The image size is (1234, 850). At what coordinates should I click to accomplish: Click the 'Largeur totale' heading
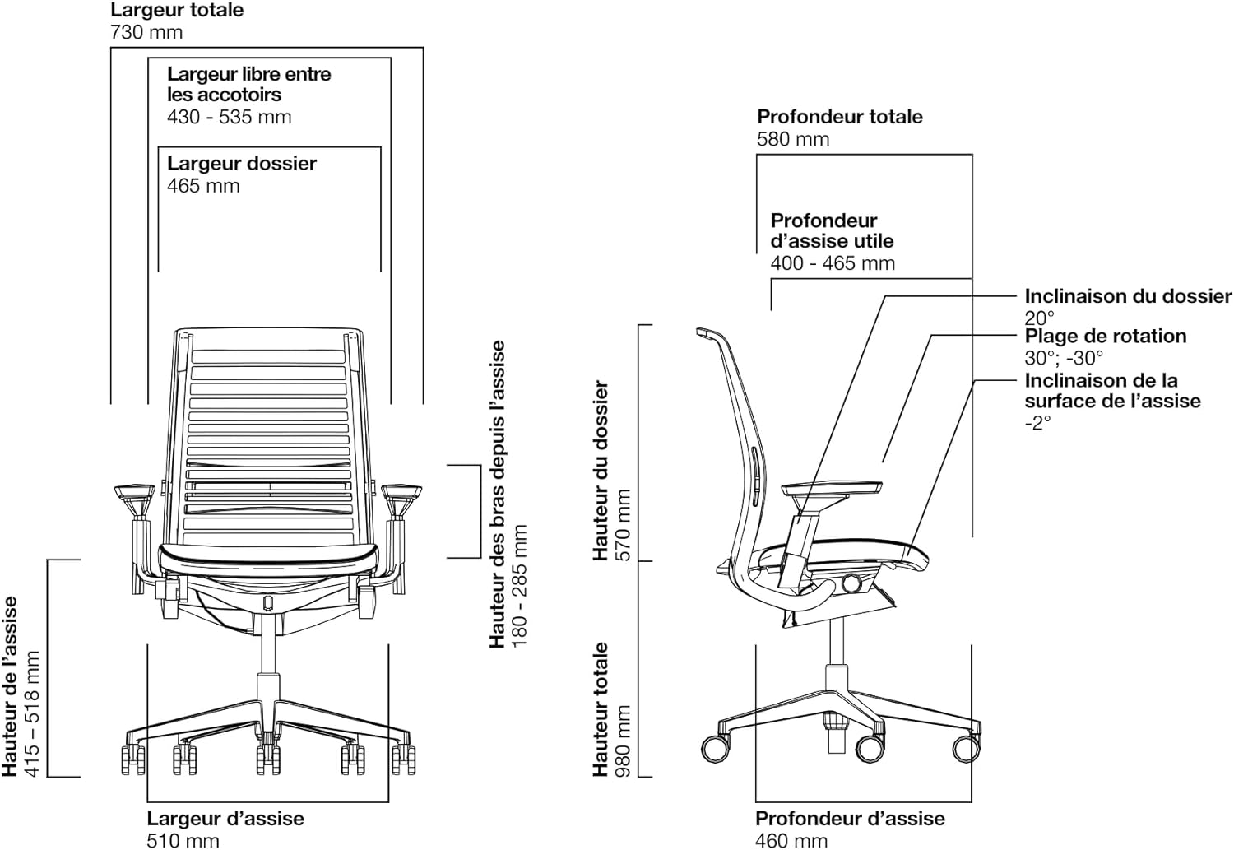[x=177, y=10]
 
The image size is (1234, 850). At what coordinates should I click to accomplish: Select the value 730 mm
[x=146, y=32]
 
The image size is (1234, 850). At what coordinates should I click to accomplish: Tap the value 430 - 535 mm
[x=230, y=117]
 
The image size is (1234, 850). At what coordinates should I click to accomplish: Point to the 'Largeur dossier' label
[x=242, y=164]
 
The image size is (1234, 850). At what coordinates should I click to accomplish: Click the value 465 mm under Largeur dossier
[x=203, y=186]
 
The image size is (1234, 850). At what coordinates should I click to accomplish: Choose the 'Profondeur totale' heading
[x=840, y=117]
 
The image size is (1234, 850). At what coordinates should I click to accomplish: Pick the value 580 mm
[x=793, y=139]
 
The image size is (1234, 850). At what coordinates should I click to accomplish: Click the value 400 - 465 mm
[x=833, y=263]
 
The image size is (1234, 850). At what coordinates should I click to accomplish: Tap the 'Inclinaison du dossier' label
[x=1128, y=296]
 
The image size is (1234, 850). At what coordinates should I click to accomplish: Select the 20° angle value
[x=1039, y=318]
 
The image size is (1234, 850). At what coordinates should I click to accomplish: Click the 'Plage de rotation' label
[x=1105, y=336]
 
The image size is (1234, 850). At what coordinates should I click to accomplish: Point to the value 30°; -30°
[x=1064, y=358]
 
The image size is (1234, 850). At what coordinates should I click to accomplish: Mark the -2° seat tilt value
[x=1038, y=423]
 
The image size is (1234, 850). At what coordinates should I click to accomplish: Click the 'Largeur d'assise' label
[x=225, y=819]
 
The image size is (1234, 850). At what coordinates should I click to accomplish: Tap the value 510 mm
[x=183, y=841]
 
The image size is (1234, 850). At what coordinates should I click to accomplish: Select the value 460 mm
[x=791, y=841]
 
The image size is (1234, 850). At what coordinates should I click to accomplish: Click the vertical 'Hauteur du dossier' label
[x=601, y=471]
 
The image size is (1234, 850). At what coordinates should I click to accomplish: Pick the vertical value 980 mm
[x=623, y=741]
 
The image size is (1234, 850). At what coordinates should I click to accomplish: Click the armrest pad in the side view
[x=832, y=489]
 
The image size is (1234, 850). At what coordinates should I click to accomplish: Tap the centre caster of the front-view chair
[x=268, y=759]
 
